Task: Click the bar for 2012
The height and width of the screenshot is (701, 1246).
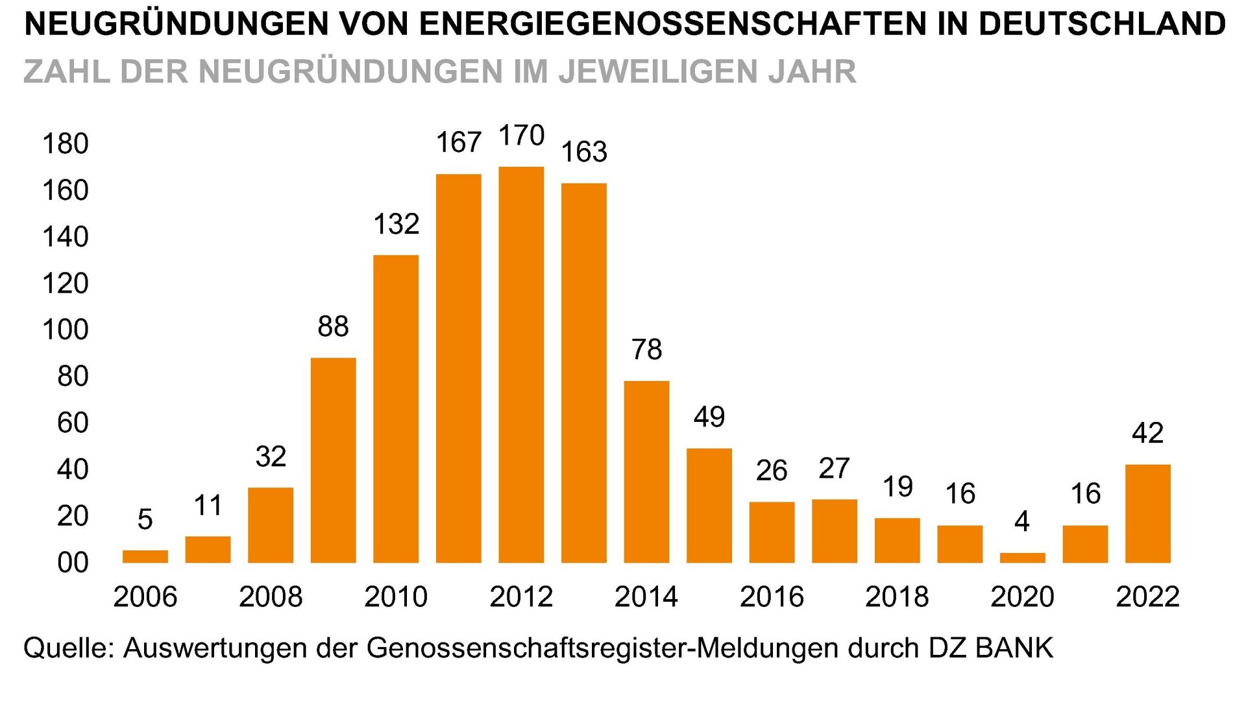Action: point(521,365)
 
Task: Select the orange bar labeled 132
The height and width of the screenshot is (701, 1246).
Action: point(396,409)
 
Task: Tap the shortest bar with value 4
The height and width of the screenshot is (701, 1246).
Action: point(1022,558)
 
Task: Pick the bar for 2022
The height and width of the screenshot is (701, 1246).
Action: point(1147,513)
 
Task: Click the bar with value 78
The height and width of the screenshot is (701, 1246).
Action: point(646,472)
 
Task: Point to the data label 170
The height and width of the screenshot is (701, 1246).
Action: point(521,136)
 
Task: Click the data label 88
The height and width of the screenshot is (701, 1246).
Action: point(333,326)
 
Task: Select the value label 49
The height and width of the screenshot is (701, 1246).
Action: point(709,417)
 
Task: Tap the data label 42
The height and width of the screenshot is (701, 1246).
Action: point(1147,433)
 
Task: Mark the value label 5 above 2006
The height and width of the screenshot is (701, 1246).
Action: point(145,519)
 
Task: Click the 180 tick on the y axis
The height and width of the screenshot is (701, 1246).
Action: point(65,143)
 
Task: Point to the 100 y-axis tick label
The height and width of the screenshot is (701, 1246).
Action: point(65,330)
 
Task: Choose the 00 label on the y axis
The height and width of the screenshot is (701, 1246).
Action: point(73,562)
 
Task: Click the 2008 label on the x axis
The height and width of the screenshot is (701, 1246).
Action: point(271,596)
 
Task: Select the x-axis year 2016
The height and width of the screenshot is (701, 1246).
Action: point(772,596)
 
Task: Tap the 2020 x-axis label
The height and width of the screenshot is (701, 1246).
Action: point(1022,596)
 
